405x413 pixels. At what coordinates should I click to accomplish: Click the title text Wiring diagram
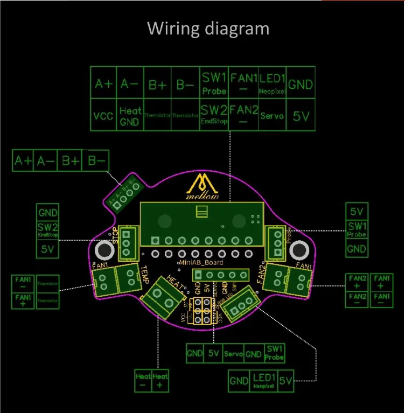208,28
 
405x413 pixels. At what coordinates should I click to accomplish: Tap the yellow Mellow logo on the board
202,188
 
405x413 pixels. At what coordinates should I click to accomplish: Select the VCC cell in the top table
103,115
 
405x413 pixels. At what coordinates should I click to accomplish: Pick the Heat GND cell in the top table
130,116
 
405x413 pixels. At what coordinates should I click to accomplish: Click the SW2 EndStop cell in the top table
214,114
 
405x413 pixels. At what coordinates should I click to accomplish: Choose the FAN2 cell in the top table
244,114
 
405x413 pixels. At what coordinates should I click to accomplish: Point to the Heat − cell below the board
143,381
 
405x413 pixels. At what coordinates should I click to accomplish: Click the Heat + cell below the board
160,381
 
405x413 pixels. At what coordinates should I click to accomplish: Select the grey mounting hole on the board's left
103,250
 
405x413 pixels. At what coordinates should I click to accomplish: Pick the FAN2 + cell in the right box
357,282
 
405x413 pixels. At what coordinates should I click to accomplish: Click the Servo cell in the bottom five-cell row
233,354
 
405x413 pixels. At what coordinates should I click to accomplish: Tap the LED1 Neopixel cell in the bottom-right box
264,381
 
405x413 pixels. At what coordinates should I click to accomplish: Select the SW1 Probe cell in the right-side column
357,230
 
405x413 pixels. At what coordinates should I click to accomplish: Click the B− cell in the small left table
97,160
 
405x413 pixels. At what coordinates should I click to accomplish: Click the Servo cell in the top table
272,116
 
